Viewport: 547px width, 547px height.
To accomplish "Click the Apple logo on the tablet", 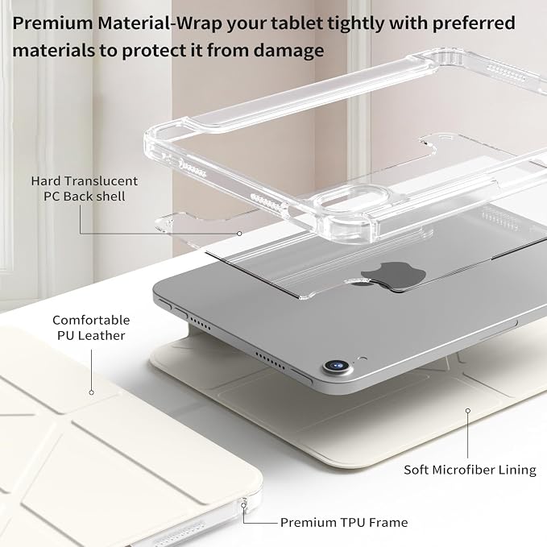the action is (393, 276).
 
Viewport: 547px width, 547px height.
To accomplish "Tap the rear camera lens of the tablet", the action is (337, 366).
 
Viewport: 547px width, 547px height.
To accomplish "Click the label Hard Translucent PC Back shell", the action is (85, 189).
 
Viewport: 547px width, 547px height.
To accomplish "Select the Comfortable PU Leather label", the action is (91, 328).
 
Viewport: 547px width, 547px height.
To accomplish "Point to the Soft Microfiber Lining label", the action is (470, 470).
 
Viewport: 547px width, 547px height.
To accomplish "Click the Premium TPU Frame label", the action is (344, 522).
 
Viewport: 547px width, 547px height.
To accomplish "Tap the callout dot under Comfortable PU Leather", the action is (91, 392).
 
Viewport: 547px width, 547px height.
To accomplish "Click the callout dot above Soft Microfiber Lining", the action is (468, 411).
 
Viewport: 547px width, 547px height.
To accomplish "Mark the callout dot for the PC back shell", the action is (239, 234).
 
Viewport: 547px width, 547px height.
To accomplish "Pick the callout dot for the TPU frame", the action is (243, 505).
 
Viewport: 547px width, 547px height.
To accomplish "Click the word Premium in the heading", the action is (52, 23).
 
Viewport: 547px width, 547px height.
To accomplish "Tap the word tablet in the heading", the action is (296, 23).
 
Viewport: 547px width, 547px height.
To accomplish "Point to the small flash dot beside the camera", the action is (363, 358).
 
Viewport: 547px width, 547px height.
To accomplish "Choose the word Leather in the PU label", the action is (102, 336).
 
